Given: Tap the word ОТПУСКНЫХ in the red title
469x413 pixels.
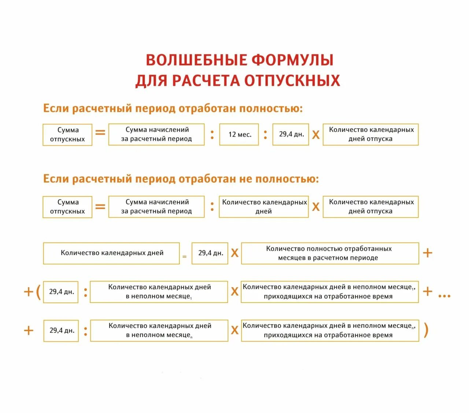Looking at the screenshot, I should click(x=292, y=81).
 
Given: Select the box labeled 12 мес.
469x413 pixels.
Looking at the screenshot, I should click(x=239, y=134).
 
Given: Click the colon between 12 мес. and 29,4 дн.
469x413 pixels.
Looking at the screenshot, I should click(x=265, y=134).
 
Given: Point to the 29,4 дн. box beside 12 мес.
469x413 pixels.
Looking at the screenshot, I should click(x=291, y=134).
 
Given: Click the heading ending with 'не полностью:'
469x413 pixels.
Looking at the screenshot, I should click(x=181, y=179).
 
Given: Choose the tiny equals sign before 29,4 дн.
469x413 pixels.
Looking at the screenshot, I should click(x=184, y=257).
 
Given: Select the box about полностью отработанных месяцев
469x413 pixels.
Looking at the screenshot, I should click(x=330, y=253).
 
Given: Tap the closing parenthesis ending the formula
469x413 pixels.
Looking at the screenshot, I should click(x=426, y=330).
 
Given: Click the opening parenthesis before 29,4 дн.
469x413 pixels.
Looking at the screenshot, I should click(x=38, y=292).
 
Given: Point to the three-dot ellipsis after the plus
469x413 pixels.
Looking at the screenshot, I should click(x=444, y=295).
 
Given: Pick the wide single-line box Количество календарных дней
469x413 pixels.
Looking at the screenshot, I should click(x=111, y=253).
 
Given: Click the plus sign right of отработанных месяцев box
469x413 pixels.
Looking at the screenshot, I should click(x=428, y=253).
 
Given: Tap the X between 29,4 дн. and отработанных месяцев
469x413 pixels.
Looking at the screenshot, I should click(x=234, y=253).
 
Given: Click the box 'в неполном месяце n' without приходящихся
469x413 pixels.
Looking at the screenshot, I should click(x=159, y=331).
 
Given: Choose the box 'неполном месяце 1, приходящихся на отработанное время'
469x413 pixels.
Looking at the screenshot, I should click(x=330, y=292).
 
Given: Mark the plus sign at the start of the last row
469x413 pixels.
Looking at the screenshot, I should click(x=29, y=331).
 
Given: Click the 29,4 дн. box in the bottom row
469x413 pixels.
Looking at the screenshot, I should click(x=61, y=331).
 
